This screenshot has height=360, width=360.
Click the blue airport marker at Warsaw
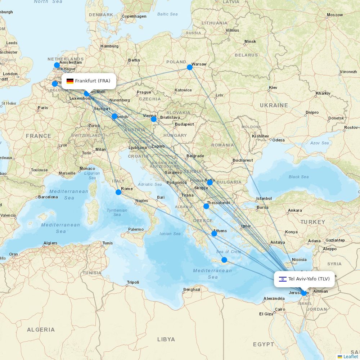(190, 67)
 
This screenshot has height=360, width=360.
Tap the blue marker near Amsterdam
(57, 65)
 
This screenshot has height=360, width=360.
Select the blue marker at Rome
(118, 192)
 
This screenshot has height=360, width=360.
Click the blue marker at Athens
(214, 234)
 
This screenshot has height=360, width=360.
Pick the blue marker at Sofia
(210, 183)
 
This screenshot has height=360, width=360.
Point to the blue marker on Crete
(224, 260)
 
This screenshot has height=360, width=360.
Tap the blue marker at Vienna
(154, 119)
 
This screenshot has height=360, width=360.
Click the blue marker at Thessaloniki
(206, 206)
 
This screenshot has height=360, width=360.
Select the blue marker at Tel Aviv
(304, 293)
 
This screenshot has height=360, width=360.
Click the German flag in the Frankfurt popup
(70, 81)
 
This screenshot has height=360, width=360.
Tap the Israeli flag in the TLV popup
(283, 279)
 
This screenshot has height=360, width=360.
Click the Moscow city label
(334, 15)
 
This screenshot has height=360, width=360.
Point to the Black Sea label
(298, 177)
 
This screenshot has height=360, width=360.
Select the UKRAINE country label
(274, 105)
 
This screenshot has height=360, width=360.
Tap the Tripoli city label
(133, 282)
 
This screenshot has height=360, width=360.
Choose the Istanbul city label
(264, 198)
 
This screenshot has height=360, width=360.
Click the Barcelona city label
(48, 197)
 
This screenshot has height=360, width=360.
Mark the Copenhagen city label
(134, 16)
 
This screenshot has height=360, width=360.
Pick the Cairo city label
(280, 309)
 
